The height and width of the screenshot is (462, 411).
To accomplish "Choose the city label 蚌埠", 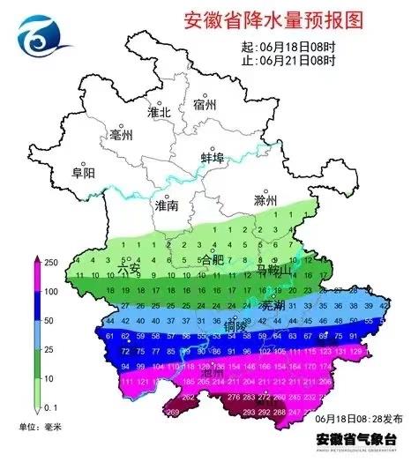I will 213,157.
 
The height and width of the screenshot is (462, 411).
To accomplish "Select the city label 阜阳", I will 82,173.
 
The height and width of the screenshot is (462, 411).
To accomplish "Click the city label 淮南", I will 166,205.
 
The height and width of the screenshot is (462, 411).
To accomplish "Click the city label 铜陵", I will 235,325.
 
